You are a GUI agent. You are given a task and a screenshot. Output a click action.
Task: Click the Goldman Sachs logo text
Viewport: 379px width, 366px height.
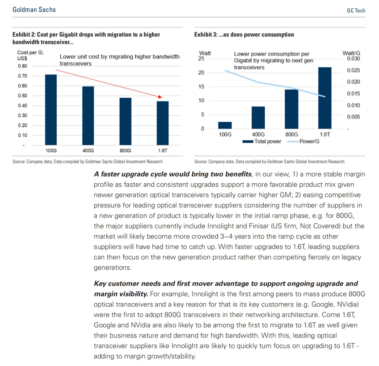34,9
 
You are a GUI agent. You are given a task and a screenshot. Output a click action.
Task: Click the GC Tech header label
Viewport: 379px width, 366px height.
356,11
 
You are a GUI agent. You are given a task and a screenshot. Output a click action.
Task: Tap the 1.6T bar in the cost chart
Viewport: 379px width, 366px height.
163,123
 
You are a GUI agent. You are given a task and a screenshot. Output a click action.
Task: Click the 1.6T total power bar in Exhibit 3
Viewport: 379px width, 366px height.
325,98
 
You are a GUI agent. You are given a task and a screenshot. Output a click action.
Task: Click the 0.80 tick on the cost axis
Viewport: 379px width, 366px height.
22,66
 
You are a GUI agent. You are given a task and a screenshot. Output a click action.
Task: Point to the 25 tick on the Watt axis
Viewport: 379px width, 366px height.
202,59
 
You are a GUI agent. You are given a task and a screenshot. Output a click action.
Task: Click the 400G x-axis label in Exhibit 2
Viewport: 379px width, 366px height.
88,150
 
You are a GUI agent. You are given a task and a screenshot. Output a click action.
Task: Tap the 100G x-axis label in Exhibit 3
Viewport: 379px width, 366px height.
225,135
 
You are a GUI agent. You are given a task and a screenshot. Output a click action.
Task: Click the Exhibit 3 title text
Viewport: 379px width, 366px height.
244,35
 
